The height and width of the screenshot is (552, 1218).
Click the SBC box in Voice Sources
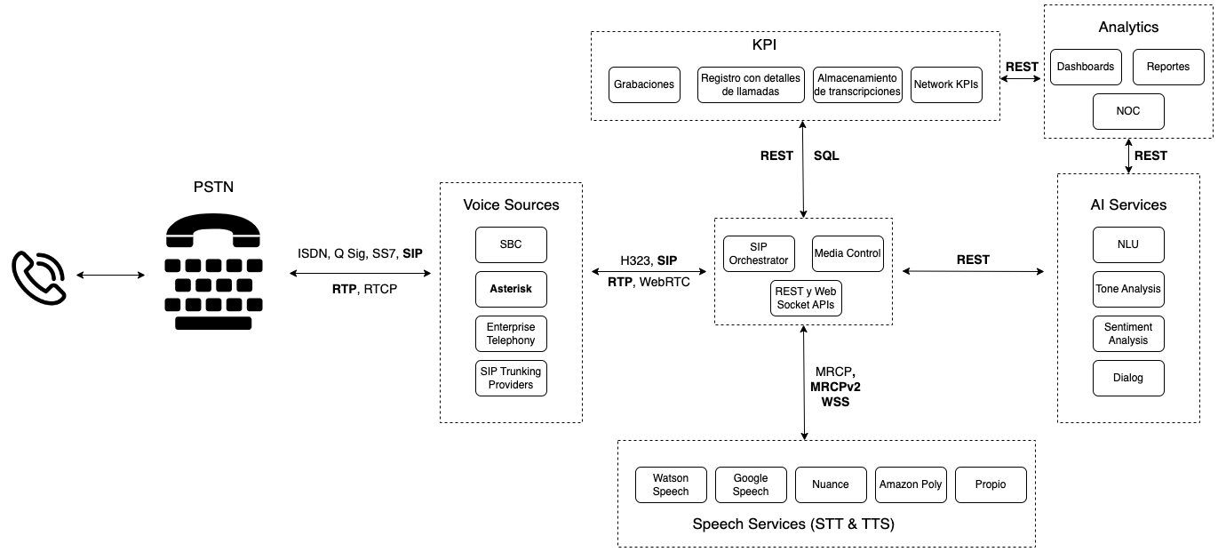point(511,244)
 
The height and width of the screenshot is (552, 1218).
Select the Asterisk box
point(511,289)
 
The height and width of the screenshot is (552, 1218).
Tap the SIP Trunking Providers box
point(511,378)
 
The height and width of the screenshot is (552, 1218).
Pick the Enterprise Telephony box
point(511,333)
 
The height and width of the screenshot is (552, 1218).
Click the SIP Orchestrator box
point(758,253)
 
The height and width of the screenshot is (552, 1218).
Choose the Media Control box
point(848,253)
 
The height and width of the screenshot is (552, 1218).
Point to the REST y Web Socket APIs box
point(804,298)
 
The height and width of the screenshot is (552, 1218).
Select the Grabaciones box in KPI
point(644,84)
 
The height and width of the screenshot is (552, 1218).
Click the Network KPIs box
point(946,84)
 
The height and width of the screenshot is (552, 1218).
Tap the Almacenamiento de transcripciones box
point(857,84)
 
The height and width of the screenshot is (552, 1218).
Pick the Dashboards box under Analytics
point(1085,67)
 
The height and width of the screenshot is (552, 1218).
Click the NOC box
point(1128,111)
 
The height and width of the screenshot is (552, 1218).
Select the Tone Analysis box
point(1128,289)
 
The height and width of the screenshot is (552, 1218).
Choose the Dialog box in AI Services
point(1128,378)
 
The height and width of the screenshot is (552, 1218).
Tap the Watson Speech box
point(671,484)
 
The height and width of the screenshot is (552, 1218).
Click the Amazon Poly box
point(911,484)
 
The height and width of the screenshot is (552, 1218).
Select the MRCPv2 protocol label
point(835,387)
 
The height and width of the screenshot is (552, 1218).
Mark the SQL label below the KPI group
point(826,156)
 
